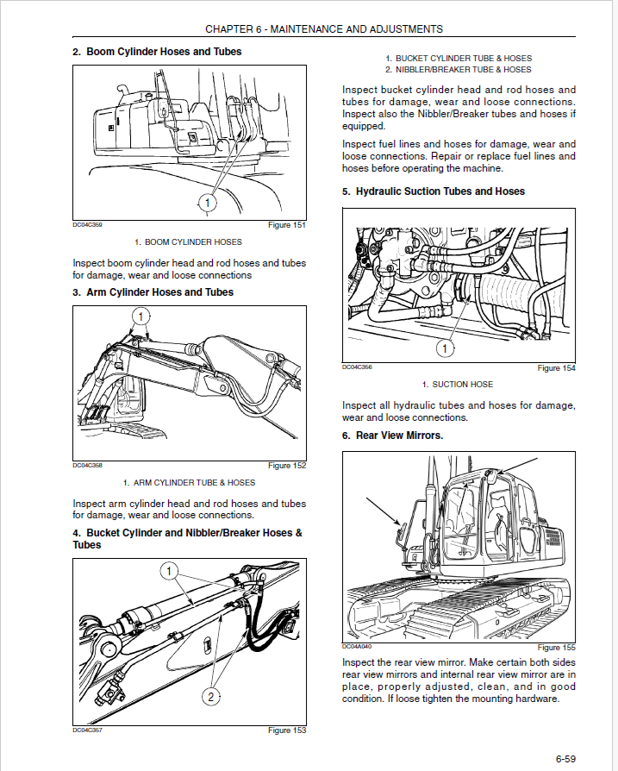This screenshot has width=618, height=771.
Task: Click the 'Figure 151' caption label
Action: click(x=287, y=225)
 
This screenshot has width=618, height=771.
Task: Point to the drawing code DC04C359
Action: click(x=88, y=225)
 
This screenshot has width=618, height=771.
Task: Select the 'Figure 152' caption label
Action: click(x=287, y=466)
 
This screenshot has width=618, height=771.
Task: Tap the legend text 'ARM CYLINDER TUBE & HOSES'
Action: click(x=194, y=483)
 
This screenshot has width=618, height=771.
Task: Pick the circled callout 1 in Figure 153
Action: click(x=170, y=571)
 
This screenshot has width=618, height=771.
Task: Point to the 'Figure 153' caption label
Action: click(x=287, y=730)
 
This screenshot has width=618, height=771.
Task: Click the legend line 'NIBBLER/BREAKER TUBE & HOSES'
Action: click(x=463, y=69)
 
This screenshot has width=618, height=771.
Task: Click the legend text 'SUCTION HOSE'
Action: click(x=462, y=385)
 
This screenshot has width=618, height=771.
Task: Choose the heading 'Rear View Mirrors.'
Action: click(x=392, y=436)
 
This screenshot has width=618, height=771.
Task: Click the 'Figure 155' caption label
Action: click(x=556, y=647)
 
